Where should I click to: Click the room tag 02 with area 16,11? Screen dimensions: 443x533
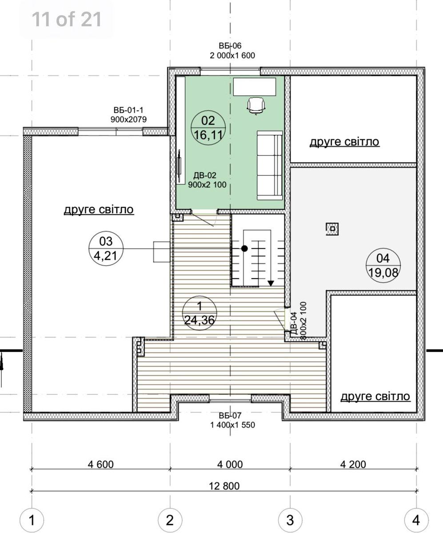208,128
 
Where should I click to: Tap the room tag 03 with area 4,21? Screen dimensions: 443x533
106,248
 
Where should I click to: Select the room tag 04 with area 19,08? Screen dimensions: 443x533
383,266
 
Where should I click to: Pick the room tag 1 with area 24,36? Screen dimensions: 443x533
200,313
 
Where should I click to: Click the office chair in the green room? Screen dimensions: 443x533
256,106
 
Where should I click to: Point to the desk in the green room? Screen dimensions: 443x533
255,87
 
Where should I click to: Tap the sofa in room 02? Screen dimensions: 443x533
270,165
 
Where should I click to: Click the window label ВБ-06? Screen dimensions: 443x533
230,46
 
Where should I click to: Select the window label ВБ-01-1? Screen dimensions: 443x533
128,110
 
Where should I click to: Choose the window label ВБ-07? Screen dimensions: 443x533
230,416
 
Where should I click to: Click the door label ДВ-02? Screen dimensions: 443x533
205,175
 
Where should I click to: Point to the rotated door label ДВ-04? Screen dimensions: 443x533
294,323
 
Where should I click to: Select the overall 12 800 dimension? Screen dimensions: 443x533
224,486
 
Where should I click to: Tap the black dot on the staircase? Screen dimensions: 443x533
245,248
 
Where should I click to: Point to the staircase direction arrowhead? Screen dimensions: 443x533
271,283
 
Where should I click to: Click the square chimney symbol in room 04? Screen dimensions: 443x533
332,229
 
